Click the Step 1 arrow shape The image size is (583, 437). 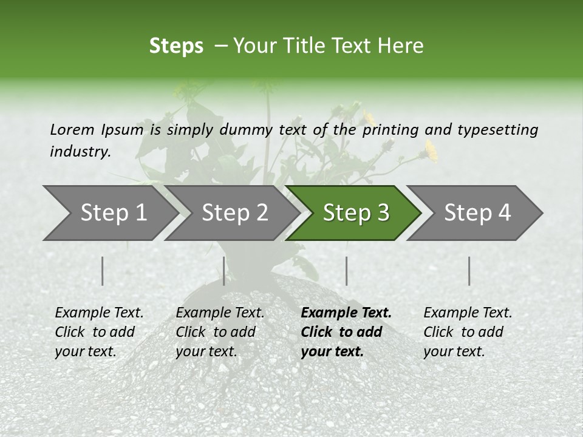coord(114,213)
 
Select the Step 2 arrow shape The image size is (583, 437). coord(234,213)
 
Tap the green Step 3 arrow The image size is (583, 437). coord(356,213)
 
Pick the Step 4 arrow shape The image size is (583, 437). coord(477,213)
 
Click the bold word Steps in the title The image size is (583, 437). coord(176,46)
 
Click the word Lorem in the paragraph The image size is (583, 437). coord(72,129)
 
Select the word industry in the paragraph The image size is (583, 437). coord(80,151)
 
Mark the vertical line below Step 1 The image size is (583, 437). coord(103,271)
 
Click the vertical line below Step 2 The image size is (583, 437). coord(224,271)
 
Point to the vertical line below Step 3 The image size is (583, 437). coord(346,271)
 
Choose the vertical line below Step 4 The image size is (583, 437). coord(469,271)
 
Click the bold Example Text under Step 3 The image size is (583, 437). coord(346,313)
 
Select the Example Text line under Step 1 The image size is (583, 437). coord(99,313)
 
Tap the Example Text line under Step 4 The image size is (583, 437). coord(468,313)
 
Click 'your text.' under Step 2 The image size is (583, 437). coord(206,351)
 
